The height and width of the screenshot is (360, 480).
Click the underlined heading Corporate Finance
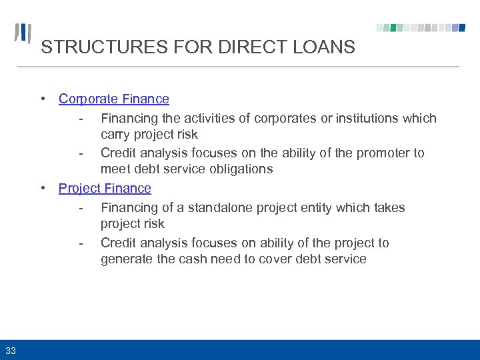(x=114, y=99)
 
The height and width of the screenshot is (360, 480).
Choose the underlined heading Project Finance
(x=105, y=188)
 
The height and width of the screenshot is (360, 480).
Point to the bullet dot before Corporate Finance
(x=43, y=99)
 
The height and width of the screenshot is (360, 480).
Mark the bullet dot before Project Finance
(x=43, y=188)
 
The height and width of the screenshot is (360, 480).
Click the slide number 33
(x=11, y=350)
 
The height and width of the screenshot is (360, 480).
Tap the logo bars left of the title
(x=23, y=33)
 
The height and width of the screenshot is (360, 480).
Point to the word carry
(x=116, y=135)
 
